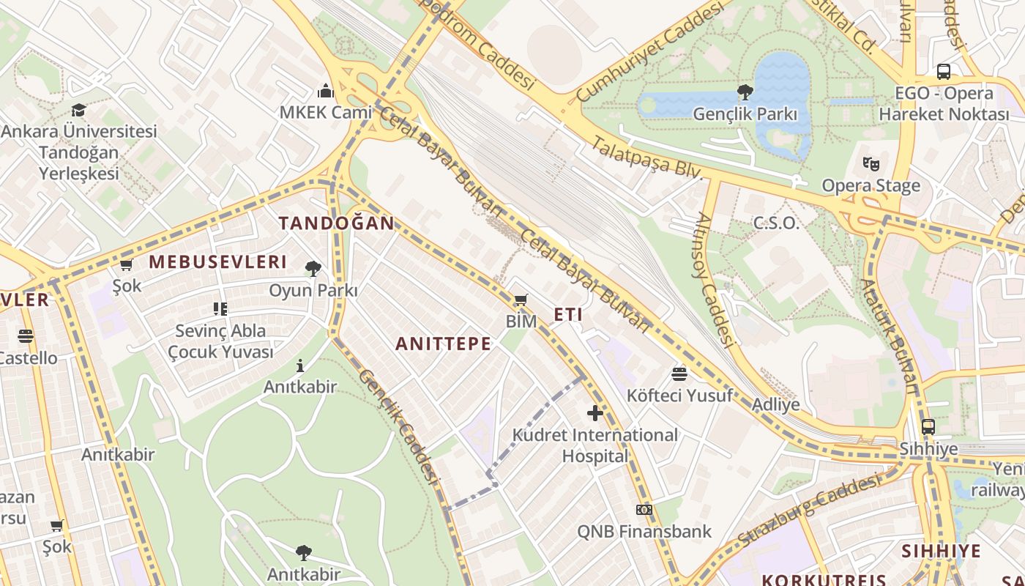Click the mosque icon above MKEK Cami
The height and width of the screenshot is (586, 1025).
point(326,91)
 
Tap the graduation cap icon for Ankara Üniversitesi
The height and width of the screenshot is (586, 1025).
point(78,110)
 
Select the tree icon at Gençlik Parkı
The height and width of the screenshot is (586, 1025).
point(745,92)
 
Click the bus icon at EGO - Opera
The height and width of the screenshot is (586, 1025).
point(944,72)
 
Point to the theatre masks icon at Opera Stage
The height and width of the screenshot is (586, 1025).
point(871,164)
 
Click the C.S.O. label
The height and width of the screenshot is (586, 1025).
point(776,223)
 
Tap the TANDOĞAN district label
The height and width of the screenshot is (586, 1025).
point(336,223)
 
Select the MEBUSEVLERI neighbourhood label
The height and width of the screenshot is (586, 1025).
point(217,262)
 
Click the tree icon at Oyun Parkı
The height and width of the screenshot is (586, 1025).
point(313,269)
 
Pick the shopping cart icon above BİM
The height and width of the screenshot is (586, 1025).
point(521,300)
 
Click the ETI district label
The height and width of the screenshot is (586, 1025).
point(568,315)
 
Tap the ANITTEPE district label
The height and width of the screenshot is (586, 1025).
point(444,344)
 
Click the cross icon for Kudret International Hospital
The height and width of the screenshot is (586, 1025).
point(595,413)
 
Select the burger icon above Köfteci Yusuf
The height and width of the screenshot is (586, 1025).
point(679,374)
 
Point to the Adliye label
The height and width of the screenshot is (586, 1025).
point(776,405)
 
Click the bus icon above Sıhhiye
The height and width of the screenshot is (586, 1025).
point(928,426)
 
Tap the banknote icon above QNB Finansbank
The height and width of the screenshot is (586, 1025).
point(644,510)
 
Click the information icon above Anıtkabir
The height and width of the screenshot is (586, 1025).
point(300,366)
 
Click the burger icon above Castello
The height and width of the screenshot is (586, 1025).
point(26,336)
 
